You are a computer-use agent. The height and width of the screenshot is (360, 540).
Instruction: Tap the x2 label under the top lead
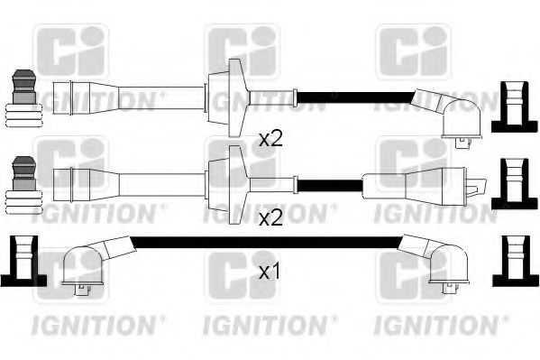coord(271,139)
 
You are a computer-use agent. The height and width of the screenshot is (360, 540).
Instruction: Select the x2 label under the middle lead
coord(271,217)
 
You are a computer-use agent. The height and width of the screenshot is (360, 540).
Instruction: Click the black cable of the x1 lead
coord(270,240)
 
